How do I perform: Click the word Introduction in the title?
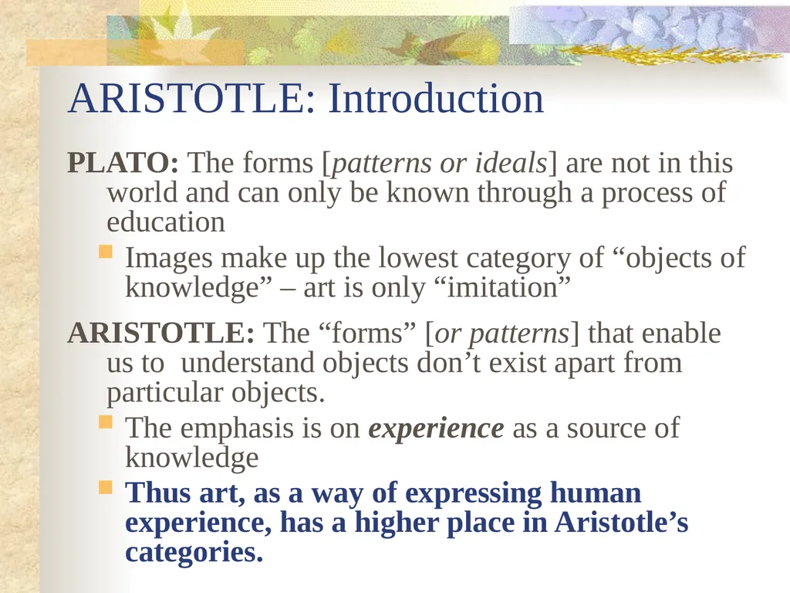click(436, 98)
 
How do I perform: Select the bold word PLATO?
click(123, 163)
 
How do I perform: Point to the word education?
click(166, 222)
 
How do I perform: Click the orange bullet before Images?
click(106, 251)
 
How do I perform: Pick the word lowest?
click(417, 257)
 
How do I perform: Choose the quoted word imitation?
click(501, 287)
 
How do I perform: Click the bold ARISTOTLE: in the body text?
click(161, 334)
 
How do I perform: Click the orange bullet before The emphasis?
click(106, 422)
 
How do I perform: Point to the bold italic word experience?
click(437, 429)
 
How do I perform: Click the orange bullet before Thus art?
click(106, 487)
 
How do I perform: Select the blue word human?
click(596, 492)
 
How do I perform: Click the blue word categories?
click(194, 551)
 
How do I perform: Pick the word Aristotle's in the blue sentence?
click(621, 522)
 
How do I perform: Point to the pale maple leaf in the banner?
click(177, 31)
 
